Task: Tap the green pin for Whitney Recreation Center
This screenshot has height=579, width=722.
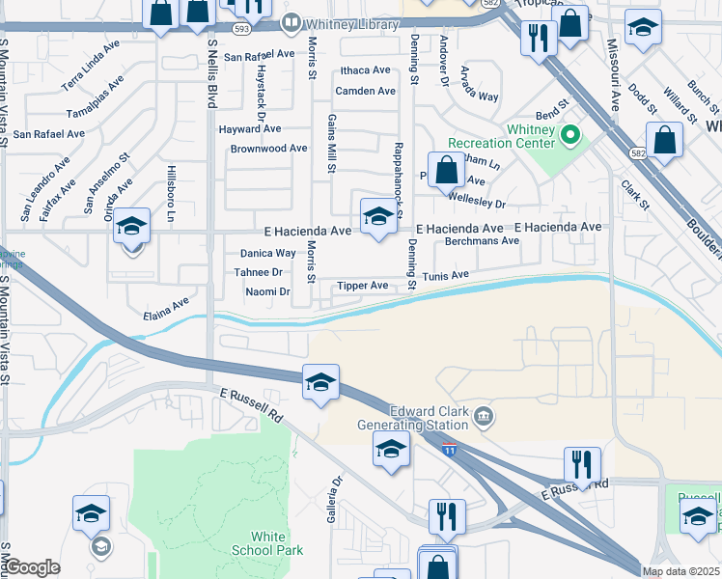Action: coord(569,135)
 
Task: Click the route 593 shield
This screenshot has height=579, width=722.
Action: coord(241,28)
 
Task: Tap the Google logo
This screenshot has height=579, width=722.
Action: coord(32,567)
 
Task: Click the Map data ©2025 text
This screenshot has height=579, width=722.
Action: coord(680,571)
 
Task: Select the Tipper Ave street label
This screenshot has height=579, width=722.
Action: coord(362,286)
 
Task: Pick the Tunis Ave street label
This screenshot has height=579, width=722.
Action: coord(445,276)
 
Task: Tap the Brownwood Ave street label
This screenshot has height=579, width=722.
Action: coord(268,149)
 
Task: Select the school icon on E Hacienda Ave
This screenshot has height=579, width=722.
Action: coord(378,216)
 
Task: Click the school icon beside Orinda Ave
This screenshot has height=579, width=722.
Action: coord(132,227)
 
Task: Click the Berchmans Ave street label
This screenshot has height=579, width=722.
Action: coord(477,241)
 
